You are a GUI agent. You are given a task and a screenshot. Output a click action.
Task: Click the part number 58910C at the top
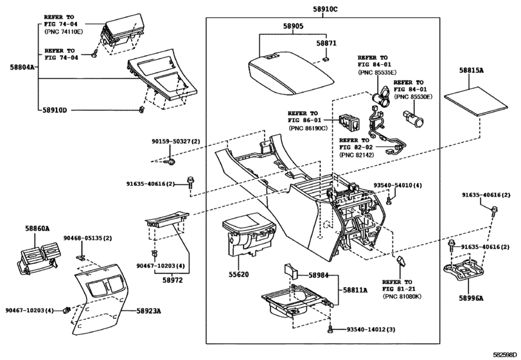click(x=325, y=10)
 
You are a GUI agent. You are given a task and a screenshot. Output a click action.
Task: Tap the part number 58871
click(x=326, y=42)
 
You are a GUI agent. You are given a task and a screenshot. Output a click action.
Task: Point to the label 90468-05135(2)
click(x=87, y=238)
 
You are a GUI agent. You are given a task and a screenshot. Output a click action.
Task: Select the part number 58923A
click(x=148, y=310)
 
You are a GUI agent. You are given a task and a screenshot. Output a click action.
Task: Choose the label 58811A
click(x=355, y=291)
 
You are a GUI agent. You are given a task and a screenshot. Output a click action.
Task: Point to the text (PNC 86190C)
click(x=308, y=129)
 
